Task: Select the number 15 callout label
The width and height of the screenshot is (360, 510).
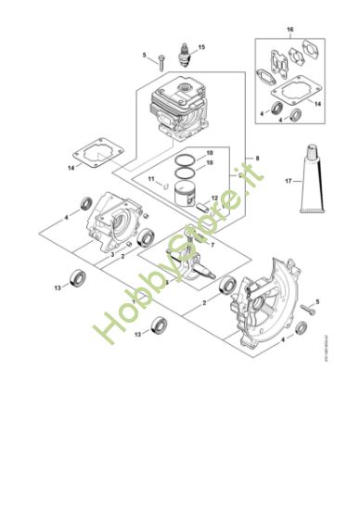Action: [202, 46]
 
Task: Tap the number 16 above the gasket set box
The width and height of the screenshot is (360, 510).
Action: [289, 32]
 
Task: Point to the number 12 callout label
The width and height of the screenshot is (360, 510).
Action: [215, 198]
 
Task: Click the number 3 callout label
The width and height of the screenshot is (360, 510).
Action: [112, 253]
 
